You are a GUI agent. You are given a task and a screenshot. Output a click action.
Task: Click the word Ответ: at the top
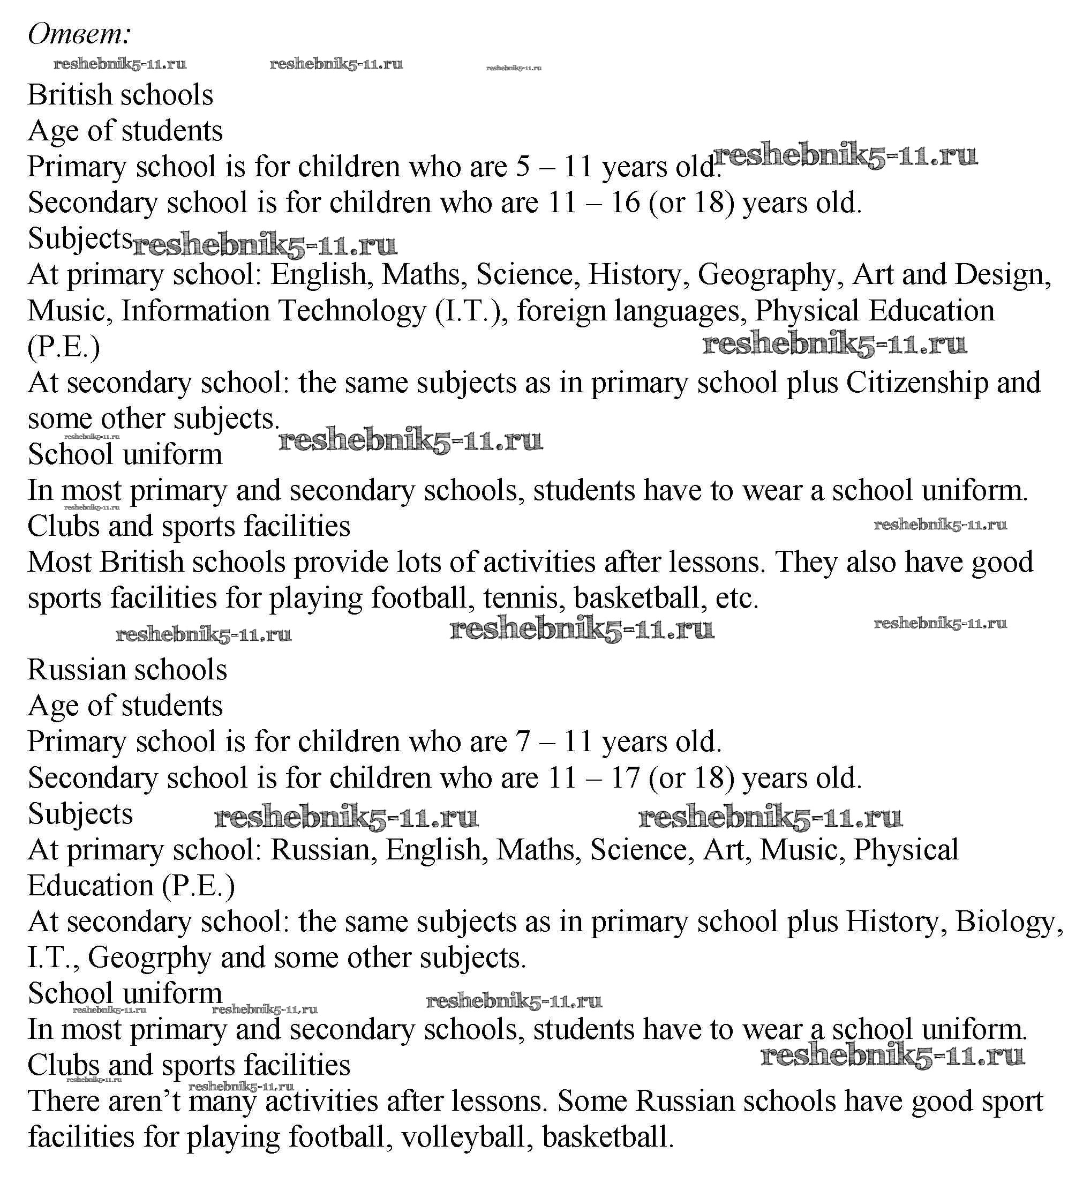click(79, 34)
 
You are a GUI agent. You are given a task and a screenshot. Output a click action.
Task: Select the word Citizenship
click(916, 383)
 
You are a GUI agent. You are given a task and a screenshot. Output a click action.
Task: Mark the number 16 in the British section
click(625, 203)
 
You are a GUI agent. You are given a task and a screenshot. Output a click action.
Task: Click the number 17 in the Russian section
click(625, 778)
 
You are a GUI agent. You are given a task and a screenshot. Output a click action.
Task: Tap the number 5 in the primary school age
click(522, 167)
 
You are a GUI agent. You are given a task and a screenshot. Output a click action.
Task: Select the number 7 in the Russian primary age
click(522, 742)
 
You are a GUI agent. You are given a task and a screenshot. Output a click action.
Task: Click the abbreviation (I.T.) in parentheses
click(470, 311)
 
